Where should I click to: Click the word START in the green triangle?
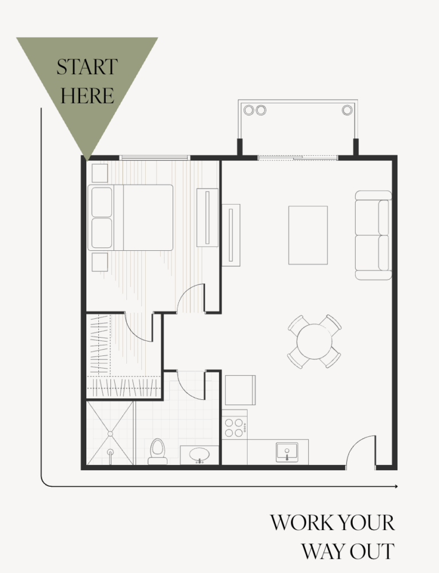tap(87, 67)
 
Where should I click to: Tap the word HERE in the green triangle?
tap(87, 95)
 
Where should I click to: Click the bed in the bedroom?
tap(131, 217)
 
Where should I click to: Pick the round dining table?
tap(314, 341)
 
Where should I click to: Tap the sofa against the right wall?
tap(373, 235)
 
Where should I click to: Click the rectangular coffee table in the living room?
tap(308, 235)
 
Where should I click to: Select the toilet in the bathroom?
tap(157, 451)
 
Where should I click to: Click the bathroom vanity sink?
tap(199, 455)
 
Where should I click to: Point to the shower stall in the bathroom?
tap(110, 432)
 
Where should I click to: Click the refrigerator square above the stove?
tap(240, 390)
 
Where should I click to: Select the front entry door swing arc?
tap(360, 451)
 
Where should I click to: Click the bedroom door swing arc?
tap(190, 298)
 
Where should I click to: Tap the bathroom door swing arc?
tap(191, 384)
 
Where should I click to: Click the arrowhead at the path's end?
tap(395, 487)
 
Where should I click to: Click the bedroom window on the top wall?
tap(154, 158)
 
